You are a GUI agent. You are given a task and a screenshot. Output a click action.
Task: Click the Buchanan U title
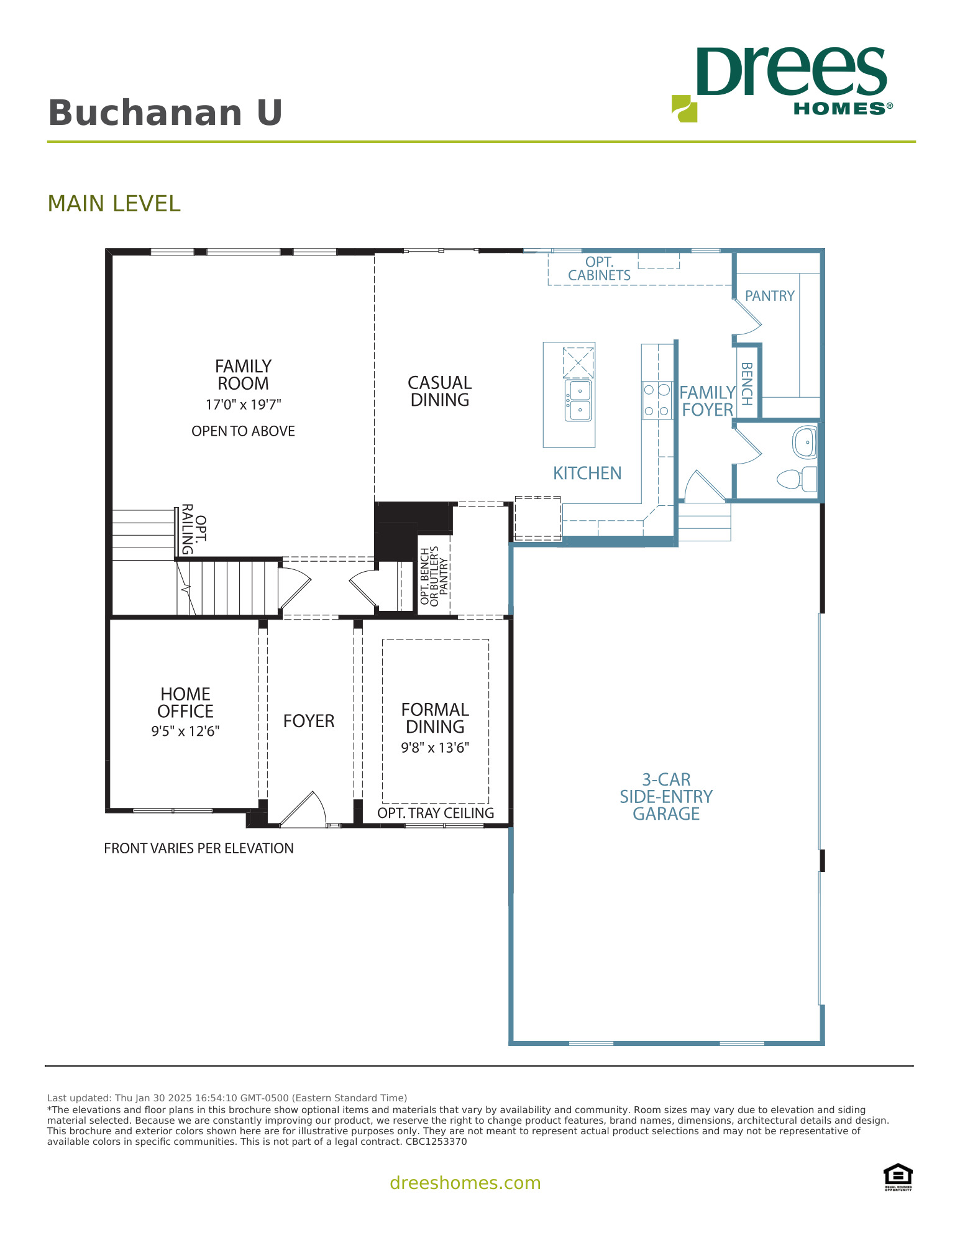[165, 113]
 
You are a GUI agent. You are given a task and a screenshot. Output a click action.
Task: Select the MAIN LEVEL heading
[114, 204]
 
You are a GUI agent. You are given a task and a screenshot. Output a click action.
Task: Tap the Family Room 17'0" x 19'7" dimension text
[243, 405]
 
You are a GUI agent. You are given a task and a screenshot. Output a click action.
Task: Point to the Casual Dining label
[439, 391]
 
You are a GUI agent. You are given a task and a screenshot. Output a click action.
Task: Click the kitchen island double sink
[578, 400]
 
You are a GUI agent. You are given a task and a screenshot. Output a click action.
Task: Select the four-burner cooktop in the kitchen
[657, 400]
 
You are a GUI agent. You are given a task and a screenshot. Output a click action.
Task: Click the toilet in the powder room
[796, 479]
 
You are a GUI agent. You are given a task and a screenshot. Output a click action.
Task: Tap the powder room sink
[805, 443]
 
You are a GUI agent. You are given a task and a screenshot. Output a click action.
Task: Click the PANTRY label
[769, 296]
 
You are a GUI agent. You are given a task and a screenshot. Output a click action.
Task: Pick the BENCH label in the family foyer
[747, 383]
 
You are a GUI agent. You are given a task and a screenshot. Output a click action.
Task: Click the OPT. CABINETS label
[599, 268]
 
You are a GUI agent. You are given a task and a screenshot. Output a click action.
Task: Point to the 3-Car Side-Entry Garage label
[666, 796]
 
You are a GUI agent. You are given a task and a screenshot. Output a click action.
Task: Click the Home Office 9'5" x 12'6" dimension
[185, 732]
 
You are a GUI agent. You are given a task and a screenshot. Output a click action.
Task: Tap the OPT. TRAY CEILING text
[435, 813]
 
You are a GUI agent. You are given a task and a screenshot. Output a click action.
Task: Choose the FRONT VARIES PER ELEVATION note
[198, 848]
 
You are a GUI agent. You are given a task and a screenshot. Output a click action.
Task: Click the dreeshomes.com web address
[465, 1183]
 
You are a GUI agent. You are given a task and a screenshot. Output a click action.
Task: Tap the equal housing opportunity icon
[898, 1176]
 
